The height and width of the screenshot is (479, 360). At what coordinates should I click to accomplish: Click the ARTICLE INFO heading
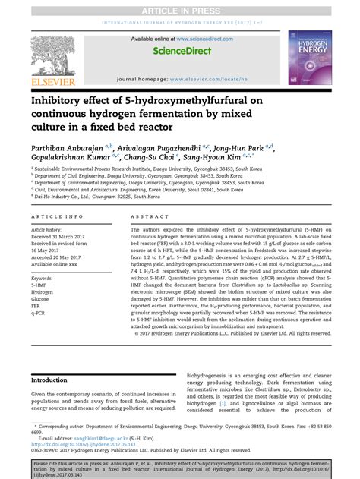56,217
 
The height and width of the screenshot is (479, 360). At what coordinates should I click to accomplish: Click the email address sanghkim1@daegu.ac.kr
92,438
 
